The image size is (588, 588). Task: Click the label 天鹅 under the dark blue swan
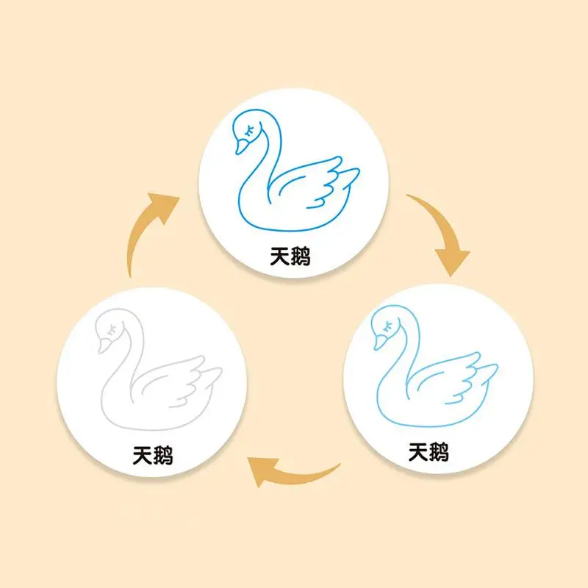point(289,257)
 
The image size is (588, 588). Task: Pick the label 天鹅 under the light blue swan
point(429,451)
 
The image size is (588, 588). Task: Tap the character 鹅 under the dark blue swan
point(299,257)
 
